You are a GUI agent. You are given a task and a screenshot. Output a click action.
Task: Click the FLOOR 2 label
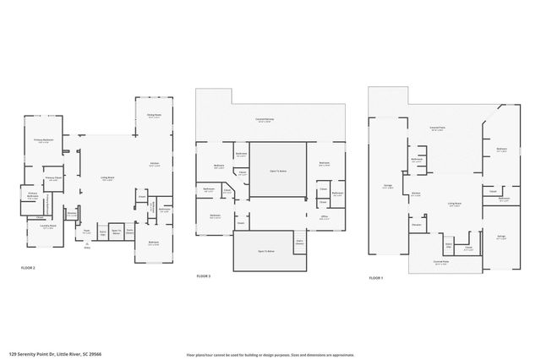tap(29, 267)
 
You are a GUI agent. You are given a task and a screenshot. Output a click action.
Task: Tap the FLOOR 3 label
tap(204, 276)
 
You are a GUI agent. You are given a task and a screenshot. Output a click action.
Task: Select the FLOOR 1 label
tap(376, 277)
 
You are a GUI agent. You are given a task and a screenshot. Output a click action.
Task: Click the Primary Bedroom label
tap(44, 140)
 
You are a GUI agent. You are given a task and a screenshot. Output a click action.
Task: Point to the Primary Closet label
tap(52, 178)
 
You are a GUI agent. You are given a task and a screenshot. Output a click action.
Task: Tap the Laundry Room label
tap(36, 226)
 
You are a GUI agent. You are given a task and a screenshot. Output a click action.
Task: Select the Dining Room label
tap(154, 117)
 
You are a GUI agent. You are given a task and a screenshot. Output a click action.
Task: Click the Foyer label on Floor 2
tap(86, 230)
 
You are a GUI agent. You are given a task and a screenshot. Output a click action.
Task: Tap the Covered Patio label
tap(437, 129)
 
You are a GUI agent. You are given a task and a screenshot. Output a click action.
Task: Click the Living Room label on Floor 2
tap(108, 178)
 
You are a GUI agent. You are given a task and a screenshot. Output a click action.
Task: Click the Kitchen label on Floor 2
tap(155, 164)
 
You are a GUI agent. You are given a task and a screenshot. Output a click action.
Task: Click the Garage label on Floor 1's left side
tap(386, 188)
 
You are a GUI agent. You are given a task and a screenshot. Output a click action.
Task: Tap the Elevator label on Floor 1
tap(416, 225)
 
